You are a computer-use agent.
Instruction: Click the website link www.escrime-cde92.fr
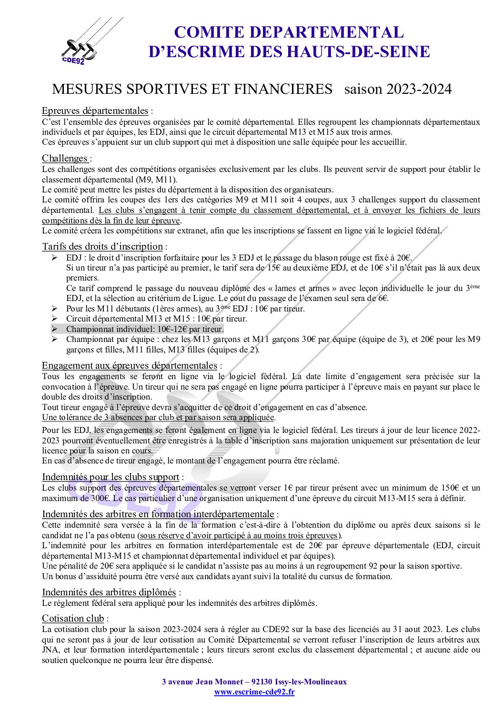click(254, 692)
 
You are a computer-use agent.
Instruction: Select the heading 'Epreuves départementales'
click(95, 111)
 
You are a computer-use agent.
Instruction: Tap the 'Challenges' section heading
click(65, 158)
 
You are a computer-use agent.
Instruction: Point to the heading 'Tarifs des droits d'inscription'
click(102, 246)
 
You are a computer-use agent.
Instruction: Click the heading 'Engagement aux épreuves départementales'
click(130, 365)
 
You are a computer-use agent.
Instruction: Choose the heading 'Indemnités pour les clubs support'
click(111, 477)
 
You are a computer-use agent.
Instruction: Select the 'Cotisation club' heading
click(73, 618)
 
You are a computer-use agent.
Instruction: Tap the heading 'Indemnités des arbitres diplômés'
click(109, 592)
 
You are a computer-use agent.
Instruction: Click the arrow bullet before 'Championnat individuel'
click(55, 329)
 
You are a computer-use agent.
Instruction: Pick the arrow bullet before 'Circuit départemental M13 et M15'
click(55, 319)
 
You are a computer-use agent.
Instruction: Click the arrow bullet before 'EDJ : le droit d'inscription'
click(55, 258)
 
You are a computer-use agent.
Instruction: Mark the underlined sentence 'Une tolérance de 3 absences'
click(158, 417)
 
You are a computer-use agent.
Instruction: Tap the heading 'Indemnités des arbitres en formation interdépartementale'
click(158, 514)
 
